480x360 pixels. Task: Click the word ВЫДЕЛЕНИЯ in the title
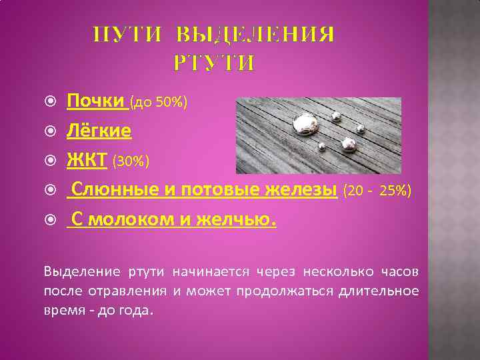click(x=257, y=34)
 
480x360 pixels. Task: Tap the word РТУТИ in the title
click(x=214, y=63)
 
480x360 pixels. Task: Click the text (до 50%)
click(x=159, y=103)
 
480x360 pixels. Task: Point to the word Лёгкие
click(x=99, y=131)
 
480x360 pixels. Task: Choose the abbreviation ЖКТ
click(x=87, y=160)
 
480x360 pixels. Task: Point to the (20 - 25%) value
click(x=377, y=191)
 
